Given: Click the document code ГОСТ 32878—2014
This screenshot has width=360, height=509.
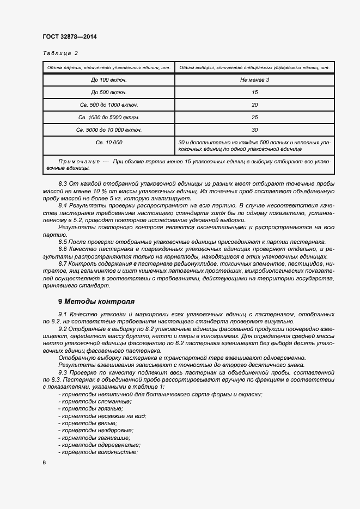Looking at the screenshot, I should point(69,36).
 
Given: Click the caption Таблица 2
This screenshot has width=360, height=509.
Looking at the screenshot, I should point(60,53).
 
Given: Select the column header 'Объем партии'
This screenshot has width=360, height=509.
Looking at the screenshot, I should point(108,68).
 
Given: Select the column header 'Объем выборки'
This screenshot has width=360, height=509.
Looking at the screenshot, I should point(254,68).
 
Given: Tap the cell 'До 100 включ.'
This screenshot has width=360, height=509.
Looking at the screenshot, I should point(108,80).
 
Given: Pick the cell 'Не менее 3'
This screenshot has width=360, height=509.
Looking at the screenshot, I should point(254,80).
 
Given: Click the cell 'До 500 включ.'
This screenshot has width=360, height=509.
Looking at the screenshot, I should point(108,93).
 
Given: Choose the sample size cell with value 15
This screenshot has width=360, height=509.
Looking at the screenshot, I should point(254,93).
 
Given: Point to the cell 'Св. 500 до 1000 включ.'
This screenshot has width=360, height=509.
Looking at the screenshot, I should point(108,105).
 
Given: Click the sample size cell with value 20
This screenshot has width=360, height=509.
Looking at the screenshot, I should point(254,105).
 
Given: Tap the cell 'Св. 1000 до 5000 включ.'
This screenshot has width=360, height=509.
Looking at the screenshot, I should point(108,117).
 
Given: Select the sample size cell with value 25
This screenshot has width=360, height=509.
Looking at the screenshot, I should point(254,117).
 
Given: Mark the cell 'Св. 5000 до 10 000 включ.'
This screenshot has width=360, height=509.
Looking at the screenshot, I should point(108,130).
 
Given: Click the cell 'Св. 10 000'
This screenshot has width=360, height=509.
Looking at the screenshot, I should point(108,142).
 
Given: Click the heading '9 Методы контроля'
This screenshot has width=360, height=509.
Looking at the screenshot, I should point(96,301).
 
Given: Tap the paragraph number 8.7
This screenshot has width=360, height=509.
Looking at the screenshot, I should point(63,263).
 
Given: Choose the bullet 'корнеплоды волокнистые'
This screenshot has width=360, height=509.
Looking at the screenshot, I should point(92,452).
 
